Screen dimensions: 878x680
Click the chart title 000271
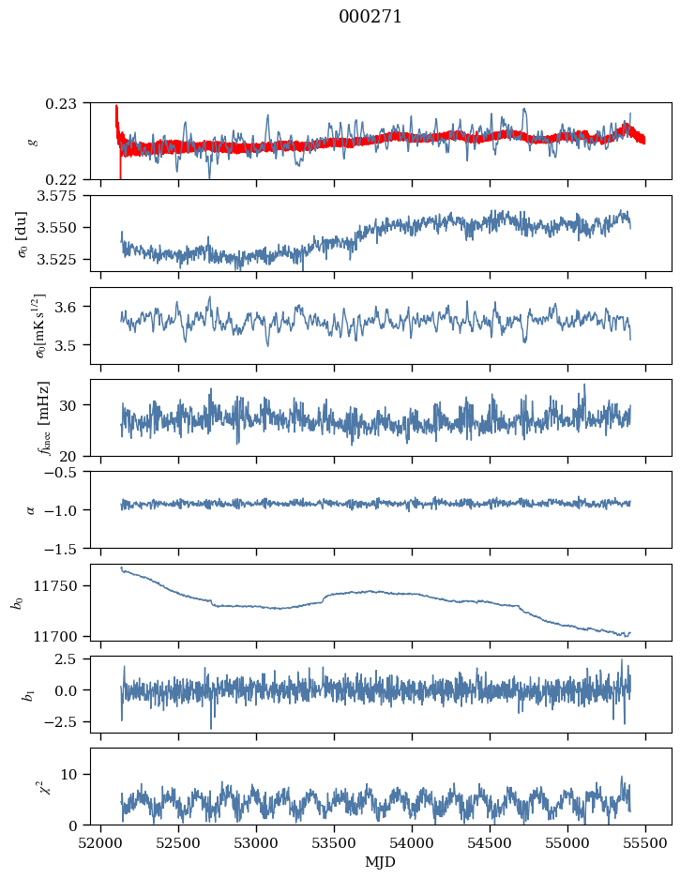(x=370, y=17)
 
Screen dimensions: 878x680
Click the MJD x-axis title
(x=381, y=861)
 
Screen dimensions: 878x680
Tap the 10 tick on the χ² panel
(x=74, y=774)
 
